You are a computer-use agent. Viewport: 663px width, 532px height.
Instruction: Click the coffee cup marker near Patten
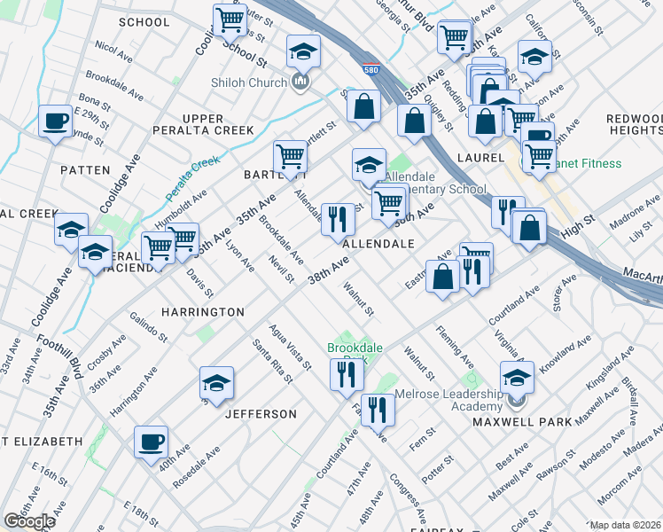[x=55, y=121]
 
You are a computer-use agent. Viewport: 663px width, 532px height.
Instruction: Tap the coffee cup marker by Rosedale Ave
[x=151, y=442]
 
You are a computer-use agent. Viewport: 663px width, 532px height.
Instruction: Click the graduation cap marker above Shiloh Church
[x=302, y=52]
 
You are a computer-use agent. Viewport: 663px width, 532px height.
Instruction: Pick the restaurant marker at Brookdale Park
[x=346, y=373]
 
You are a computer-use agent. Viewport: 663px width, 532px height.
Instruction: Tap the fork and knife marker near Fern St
[x=379, y=409]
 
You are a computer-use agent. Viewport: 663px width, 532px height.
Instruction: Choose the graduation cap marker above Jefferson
[x=216, y=383]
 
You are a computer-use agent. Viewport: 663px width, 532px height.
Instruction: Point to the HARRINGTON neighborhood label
[x=203, y=312]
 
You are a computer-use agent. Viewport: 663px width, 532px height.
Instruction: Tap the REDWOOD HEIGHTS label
[x=632, y=124]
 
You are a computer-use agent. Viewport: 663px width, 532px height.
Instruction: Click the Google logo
[x=29, y=521]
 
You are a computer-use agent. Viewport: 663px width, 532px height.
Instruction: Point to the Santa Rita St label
[x=271, y=362]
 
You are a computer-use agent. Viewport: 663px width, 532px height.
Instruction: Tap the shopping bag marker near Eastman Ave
[x=441, y=276]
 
